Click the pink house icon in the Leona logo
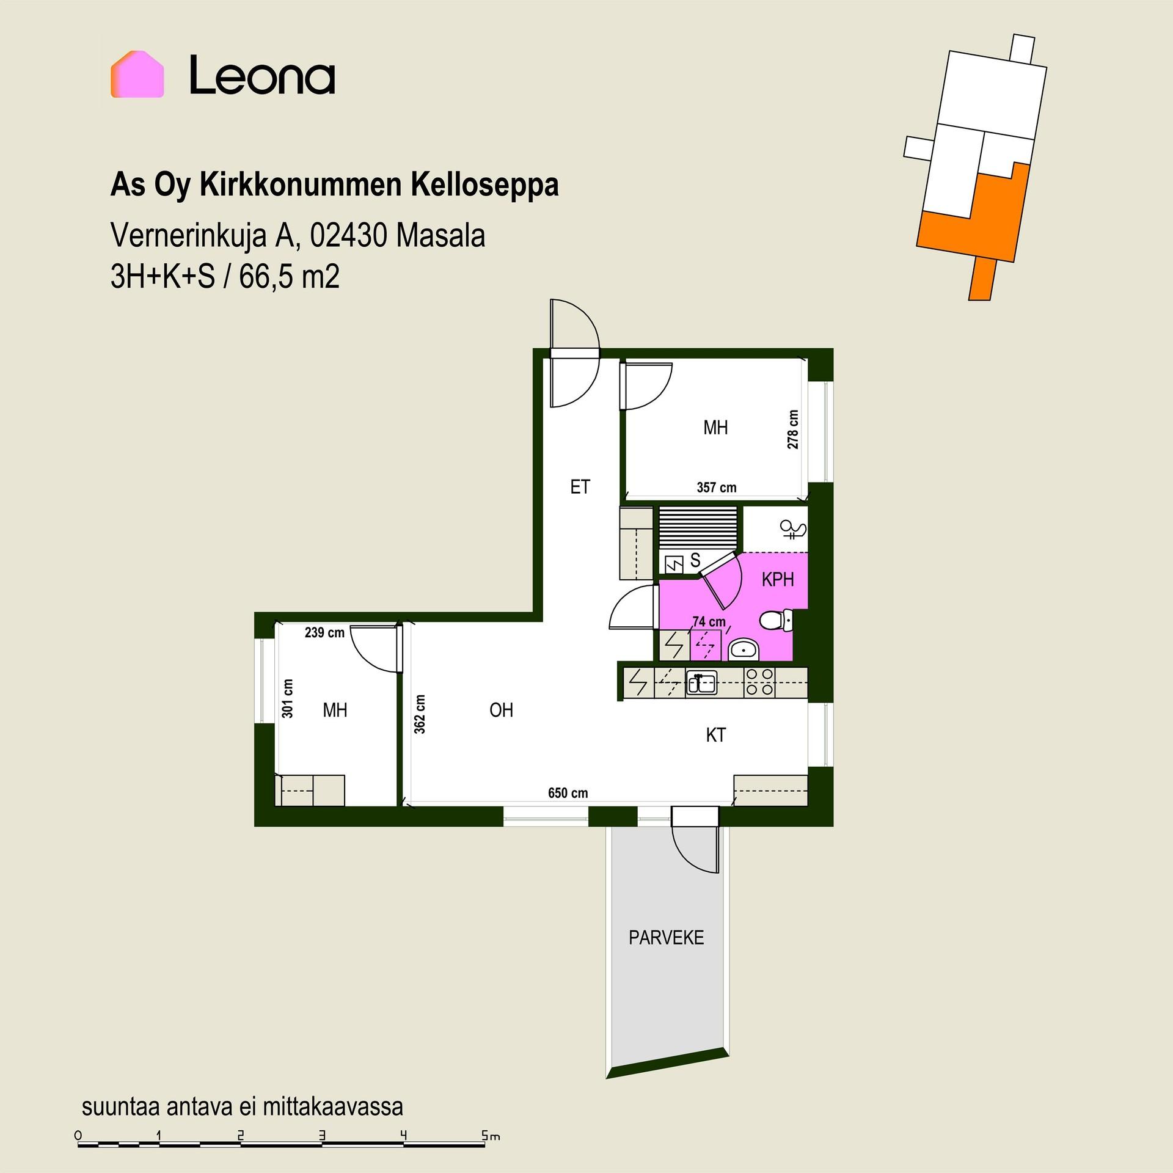pos(137,75)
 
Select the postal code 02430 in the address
pos(348,236)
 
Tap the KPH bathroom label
pos(777,579)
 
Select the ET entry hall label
pos(580,486)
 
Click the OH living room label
pos(501,710)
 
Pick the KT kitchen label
pos(715,734)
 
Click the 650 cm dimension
pos(568,793)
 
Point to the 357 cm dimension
pos(717,488)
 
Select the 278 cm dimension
pos(793,429)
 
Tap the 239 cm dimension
pos(324,632)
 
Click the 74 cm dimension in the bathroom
pos(709,621)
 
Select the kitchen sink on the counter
pos(701,682)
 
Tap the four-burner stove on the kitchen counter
pos(760,682)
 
